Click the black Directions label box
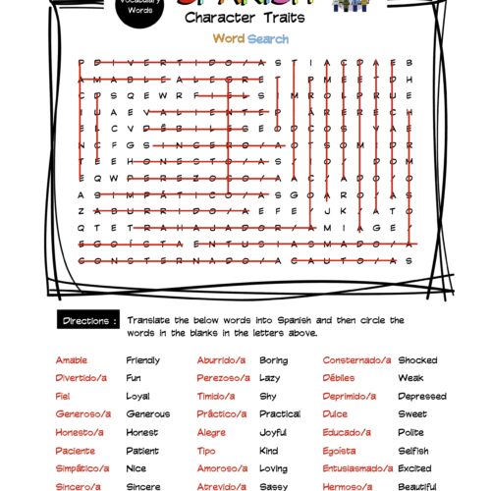pyautogui.click(x=90, y=321)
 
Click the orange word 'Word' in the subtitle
pyautogui.click(x=228, y=39)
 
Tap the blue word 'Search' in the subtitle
pyautogui.click(x=268, y=39)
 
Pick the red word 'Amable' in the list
pyautogui.click(x=72, y=360)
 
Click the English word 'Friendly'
pyautogui.click(x=142, y=360)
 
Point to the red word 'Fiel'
pyautogui.click(x=63, y=396)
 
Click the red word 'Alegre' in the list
pyautogui.click(x=211, y=432)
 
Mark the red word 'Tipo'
pyautogui.click(x=205, y=451)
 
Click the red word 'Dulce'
pyautogui.click(x=336, y=414)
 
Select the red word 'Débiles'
pyautogui.click(x=340, y=378)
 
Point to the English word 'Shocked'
pyautogui.click(x=417, y=360)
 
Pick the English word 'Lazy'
pyautogui.click(x=269, y=378)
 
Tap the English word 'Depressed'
pyautogui.click(x=422, y=396)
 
